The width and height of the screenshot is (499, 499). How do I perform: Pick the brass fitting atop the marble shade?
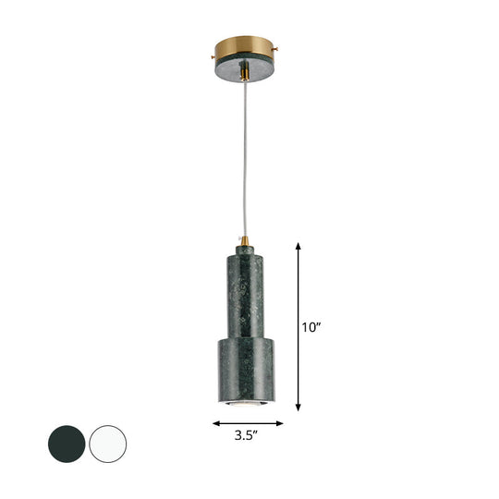(248, 242)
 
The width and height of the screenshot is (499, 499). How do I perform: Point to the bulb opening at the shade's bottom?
(248, 403)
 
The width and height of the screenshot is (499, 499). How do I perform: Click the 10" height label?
(312, 325)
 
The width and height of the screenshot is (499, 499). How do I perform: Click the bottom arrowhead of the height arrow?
(298, 408)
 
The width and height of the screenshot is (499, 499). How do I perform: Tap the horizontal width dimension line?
(248, 423)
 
